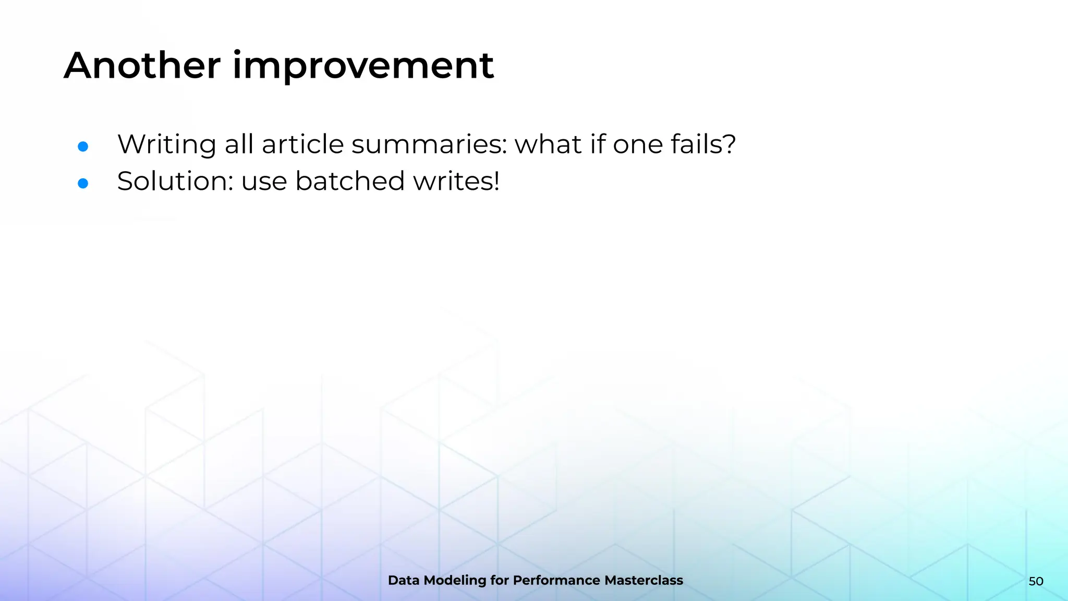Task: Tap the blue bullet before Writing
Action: pos(83,147)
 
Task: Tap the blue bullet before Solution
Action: pos(83,183)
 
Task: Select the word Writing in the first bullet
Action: pos(166,145)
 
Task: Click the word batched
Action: pos(350,181)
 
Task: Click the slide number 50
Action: pos(1036,581)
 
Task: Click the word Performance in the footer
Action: pos(556,580)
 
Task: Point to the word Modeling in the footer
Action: pos(455,581)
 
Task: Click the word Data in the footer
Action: pos(403,580)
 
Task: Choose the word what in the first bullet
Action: pos(548,144)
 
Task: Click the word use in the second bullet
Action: pos(264,182)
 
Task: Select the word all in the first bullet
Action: pos(239,144)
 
